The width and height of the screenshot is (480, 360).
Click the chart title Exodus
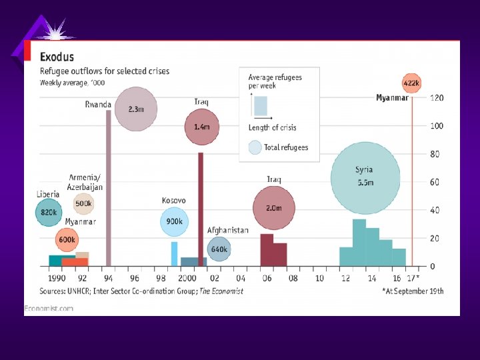(57, 57)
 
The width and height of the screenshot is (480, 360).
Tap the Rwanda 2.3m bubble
(135, 109)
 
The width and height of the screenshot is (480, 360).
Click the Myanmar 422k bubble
(411, 84)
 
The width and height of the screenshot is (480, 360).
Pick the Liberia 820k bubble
(48, 213)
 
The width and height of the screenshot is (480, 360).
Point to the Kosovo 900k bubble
(174, 222)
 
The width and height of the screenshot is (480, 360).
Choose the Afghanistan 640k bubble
(219, 249)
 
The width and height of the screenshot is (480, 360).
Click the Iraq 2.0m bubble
(273, 209)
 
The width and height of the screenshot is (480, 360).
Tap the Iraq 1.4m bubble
(202, 127)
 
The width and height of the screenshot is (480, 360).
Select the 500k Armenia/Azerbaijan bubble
(83, 204)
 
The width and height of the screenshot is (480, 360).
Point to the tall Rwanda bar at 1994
(109, 187)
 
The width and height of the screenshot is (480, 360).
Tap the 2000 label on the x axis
(187, 277)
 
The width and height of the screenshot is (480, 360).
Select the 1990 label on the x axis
(57, 277)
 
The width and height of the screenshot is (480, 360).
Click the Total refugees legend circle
(255, 147)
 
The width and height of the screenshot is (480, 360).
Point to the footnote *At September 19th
(413, 291)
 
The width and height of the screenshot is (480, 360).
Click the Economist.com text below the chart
(49, 307)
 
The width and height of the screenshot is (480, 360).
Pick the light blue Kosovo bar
(175, 253)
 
